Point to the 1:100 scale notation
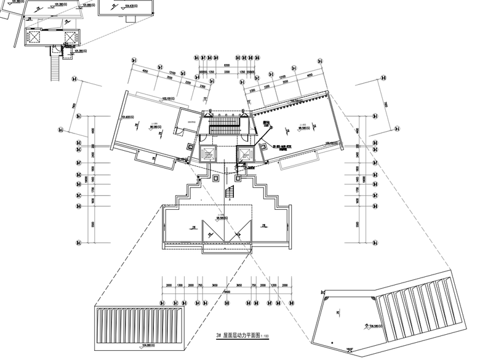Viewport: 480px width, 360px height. pos(265,337)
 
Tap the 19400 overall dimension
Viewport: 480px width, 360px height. pos(226,291)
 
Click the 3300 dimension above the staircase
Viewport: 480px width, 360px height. pos(226,72)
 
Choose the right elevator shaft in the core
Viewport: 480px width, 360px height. pos(244,154)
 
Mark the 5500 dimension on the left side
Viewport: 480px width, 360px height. pos(94,225)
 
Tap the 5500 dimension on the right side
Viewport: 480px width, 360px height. pos(359,225)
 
